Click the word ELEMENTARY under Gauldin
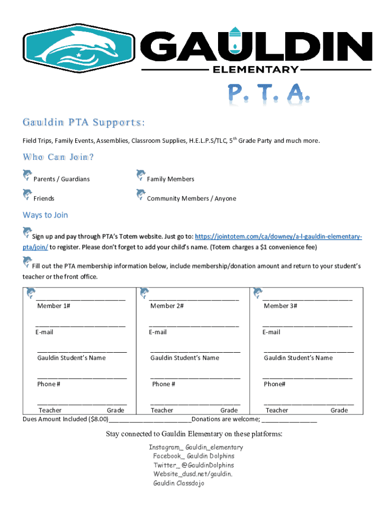pos(256,69)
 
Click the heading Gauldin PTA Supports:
pos(84,123)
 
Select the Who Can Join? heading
pos(58,157)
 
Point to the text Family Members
pos(170,179)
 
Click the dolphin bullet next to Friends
pos(27,195)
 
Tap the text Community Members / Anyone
pos(191,198)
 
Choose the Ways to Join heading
pos(45,215)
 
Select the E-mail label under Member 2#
pos(158,332)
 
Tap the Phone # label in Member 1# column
pos(49,384)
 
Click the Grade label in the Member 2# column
pos(229,410)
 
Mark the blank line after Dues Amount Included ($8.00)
pos(150,420)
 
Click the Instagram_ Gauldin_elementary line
pos(196,447)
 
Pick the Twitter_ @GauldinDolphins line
pos(194,465)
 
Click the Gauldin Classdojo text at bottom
pos(178,483)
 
